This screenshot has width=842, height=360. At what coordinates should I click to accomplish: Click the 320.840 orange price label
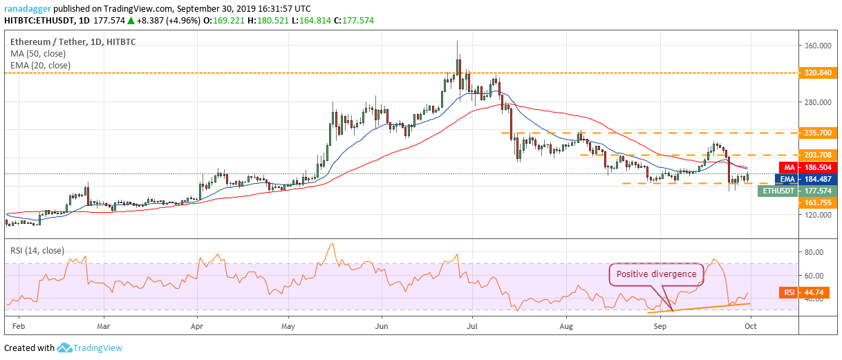[x=818, y=73]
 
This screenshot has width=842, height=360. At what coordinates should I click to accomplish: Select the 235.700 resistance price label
[x=818, y=133]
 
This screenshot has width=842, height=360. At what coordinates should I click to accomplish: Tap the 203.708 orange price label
[x=818, y=155]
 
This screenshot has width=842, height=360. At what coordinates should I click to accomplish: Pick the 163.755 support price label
[x=818, y=202]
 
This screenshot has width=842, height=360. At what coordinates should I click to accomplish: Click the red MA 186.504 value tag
[x=808, y=168]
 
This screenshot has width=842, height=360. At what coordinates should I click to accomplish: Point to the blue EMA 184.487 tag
[x=806, y=179]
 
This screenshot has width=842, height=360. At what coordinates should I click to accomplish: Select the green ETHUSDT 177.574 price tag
[x=798, y=191]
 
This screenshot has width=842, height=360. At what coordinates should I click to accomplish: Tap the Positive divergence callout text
[x=656, y=274]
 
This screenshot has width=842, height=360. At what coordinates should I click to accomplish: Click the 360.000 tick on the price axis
[x=818, y=46]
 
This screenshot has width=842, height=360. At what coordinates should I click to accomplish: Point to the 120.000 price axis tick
[x=818, y=215]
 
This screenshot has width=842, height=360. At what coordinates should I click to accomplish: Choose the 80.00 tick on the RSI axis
[x=814, y=252]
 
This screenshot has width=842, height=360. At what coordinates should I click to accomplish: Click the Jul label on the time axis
[x=472, y=326]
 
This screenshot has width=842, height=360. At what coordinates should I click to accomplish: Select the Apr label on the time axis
[x=197, y=326]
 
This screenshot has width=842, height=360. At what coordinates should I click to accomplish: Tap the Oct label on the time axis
[x=751, y=326]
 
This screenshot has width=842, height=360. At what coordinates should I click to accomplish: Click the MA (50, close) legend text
[x=38, y=54]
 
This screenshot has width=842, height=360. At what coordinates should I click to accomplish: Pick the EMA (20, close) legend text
[x=41, y=66]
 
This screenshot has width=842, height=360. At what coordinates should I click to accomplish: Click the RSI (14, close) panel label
[x=37, y=251]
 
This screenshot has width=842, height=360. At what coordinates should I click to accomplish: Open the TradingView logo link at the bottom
[x=89, y=348]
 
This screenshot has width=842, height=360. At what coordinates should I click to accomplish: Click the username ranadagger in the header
[x=28, y=9]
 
